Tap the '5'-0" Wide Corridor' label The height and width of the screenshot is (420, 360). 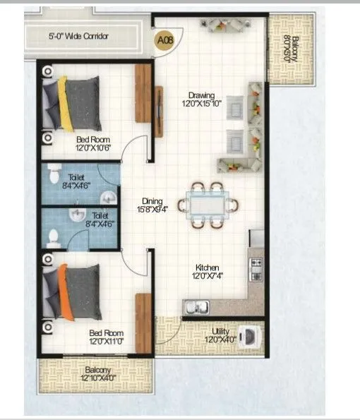pos(78,35)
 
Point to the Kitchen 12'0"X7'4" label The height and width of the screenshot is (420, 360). pos(208,272)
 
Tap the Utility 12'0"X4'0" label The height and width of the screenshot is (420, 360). pos(221,335)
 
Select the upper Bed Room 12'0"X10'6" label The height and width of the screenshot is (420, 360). pos(94,144)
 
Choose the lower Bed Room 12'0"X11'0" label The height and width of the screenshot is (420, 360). pos(106,337)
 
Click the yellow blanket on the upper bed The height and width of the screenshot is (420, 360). pos(65,104)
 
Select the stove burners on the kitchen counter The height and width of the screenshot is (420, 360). pos(256,268)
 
